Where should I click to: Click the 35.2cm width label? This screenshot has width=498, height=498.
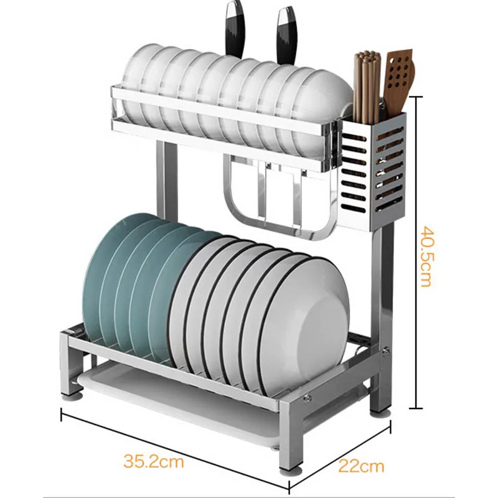click(x=154, y=461)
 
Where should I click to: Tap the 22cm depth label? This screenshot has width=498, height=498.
click(x=361, y=466)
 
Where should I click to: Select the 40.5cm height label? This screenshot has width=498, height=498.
click(x=426, y=256)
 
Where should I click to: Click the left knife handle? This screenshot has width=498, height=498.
click(x=235, y=29)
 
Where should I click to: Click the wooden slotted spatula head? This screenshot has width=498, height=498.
click(x=399, y=73)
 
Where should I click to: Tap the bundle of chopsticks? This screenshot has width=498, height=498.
click(x=367, y=87)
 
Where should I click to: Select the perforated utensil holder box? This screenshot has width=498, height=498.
click(x=372, y=172)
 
